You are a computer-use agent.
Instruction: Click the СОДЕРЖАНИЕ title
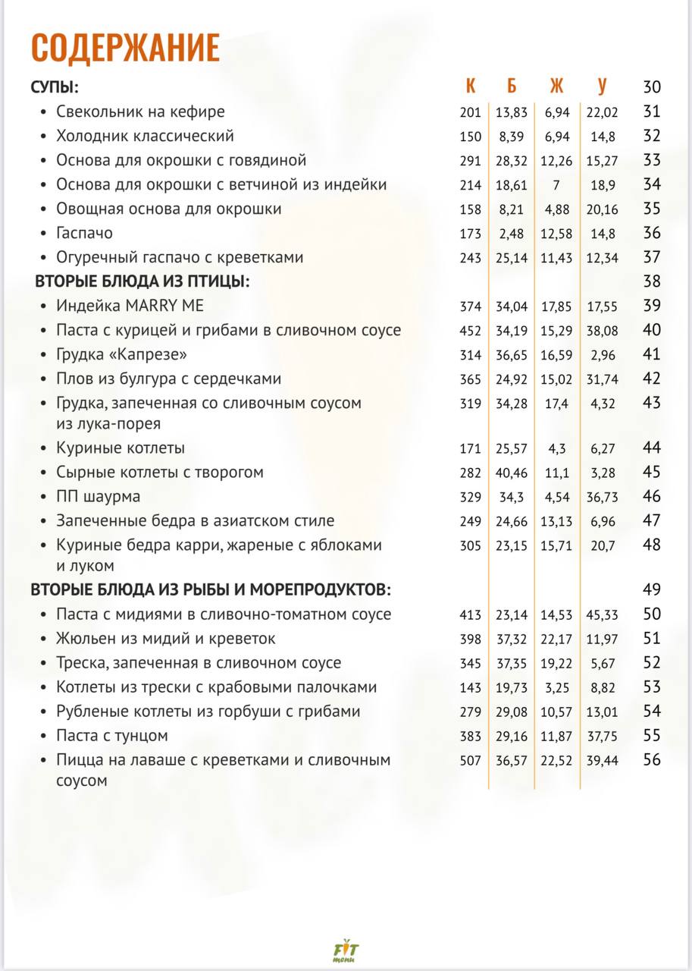point(125,48)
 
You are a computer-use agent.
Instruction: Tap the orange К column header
point(470,86)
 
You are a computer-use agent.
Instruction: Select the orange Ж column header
point(557,86)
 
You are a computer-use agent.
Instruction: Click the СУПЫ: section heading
point(55,86)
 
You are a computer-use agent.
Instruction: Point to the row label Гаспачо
point(84,233)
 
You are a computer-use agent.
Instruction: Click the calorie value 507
point(470,760)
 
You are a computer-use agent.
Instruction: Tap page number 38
point(652,281)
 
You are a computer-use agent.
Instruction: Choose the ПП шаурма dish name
point(98,497)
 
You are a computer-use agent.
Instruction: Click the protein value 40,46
point(512,473)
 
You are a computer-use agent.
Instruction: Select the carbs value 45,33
point(602,614)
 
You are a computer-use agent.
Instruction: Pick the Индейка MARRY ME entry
point(130,306)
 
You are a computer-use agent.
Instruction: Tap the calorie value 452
point(470,331)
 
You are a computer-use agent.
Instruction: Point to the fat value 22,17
point(557,639)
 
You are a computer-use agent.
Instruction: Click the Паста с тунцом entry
point(111,736)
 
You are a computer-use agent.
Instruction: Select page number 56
point(652,760)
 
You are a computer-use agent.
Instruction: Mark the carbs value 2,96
point(602,355)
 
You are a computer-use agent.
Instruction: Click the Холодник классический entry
point(145,136)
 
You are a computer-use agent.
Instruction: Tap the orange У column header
point(602,86)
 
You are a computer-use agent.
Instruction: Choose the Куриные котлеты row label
point(121,448)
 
